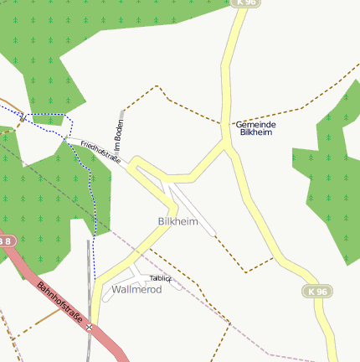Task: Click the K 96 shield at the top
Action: click(x=247, y=3)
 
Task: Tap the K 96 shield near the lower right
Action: click(x=314, y=291)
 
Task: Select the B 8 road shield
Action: click(x=5, y=241)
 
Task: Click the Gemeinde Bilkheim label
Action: click(x=255, y=128)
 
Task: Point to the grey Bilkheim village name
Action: click(x=177, y=221)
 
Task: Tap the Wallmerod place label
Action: click(x=136, y=289)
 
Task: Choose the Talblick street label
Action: click(x=160, y=277)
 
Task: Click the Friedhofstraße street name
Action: click(x=100, y=152)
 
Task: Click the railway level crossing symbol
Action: click(x=89, y=328)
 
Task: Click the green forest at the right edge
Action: click(x=331, y=184)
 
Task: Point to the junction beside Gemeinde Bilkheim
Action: click(x=226, y=143)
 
